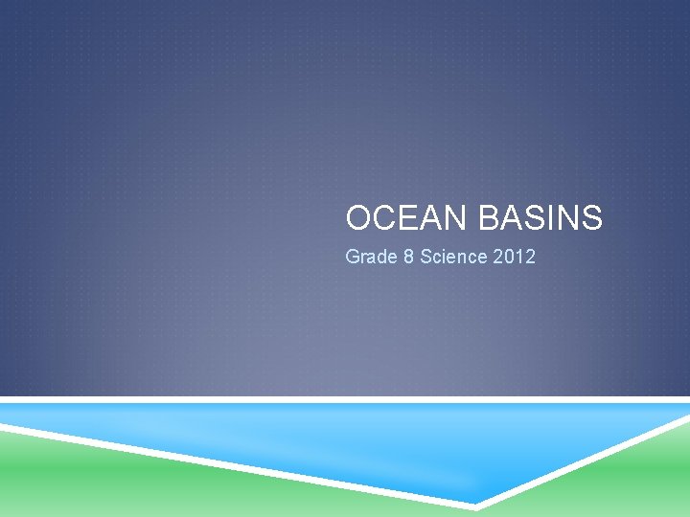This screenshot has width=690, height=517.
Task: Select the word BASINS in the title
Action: pos(540,219)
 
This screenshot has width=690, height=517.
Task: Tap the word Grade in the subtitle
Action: pos(368,258)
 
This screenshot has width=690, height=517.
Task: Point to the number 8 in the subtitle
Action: pos(407,258)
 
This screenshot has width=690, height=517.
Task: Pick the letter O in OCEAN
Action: pos(358,219)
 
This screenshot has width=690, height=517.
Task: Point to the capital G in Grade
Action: pos(352,258)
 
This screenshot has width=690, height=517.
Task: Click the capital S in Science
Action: pos(426,258)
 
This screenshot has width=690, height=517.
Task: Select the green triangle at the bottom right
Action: pos(632,479)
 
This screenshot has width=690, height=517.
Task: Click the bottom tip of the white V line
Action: pos(476,504)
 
